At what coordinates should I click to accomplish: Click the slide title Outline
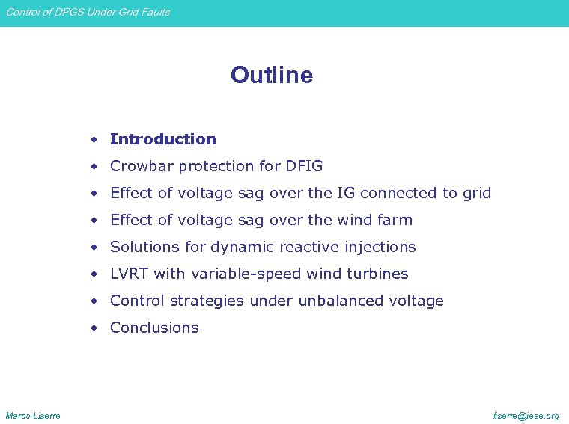271,75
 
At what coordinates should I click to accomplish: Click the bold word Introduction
162,139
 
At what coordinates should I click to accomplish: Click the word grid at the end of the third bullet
476,193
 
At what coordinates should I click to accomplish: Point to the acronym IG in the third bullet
345,193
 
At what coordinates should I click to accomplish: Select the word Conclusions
154,328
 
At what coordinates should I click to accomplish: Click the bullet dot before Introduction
94,140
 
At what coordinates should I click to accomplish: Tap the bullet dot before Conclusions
94,328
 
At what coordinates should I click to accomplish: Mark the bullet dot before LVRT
94,274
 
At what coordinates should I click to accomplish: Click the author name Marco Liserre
33,415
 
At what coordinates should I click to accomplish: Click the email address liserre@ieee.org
526,415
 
